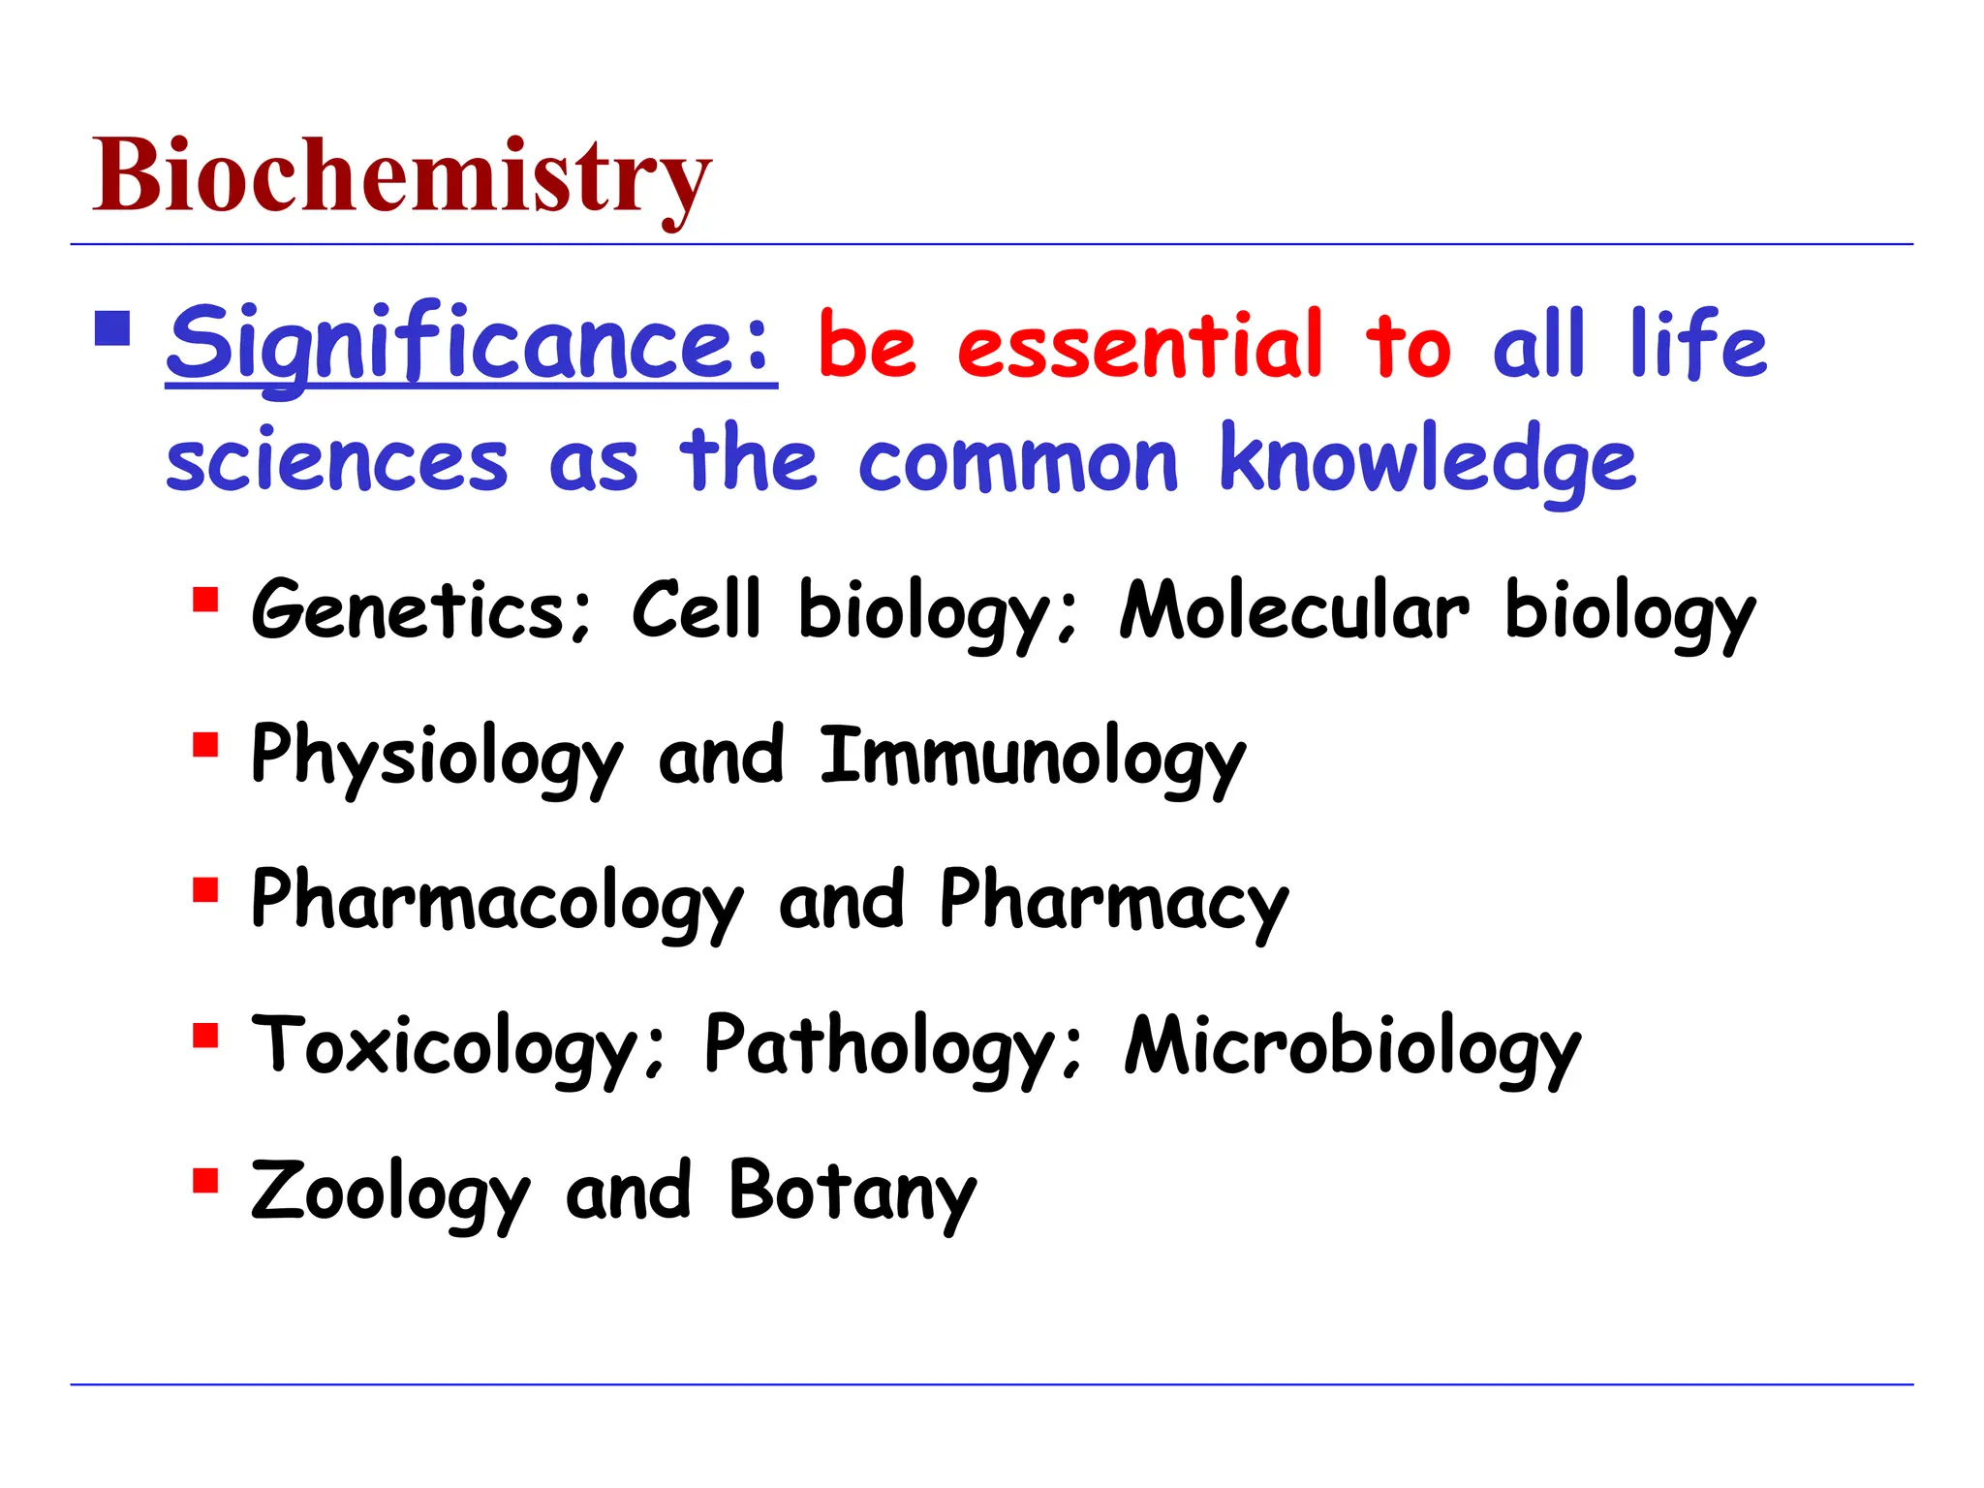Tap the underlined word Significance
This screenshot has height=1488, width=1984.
pos(471,344)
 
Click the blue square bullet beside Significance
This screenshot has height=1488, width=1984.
pos(112,328)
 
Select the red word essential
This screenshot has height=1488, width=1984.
pos(1139,346)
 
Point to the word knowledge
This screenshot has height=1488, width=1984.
pos(1427,461)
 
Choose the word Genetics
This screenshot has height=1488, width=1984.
pos(419,610)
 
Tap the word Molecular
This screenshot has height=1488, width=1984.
pos(1294,610)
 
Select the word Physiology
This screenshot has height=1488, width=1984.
pos(436,758)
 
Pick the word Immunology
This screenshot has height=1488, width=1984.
pos(1033,758)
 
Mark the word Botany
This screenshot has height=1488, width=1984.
pos(852,1192)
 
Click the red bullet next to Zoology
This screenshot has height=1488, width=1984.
pos(205,1181)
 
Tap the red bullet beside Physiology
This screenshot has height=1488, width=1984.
pos(205,745)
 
